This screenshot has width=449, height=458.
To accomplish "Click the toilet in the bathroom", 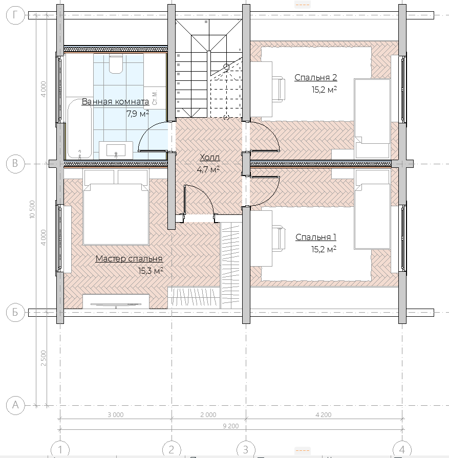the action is click(116, 63).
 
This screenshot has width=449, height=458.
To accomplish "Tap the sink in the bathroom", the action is click(116, 150).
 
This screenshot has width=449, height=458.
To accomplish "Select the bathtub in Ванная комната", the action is click(79, 128).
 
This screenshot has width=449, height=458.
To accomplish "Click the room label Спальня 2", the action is click(316, 77).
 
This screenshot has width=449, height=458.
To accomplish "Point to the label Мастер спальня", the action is click(129, 258).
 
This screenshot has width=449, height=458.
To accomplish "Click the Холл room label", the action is click(209, 158).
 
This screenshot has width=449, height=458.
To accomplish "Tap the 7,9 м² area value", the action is click(138, 113).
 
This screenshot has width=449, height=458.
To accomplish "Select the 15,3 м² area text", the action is click(151, 271).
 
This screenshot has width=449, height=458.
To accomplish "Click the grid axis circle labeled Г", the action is click(15, 14).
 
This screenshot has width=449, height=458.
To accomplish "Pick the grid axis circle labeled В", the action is click(15, 163).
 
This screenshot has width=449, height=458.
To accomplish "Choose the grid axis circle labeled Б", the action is click(15, 312).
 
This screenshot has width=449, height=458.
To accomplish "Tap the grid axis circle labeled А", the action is click(15, 405).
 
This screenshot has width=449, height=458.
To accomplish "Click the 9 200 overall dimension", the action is click(230, 426).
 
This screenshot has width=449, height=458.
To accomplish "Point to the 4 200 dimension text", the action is click(323, 415).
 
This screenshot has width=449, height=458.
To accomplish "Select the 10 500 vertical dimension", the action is click(32, 209).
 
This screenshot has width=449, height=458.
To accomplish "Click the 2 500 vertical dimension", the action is click(44, 358).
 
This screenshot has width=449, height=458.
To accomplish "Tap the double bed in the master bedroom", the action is click(116, 207).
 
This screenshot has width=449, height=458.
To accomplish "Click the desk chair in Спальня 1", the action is click(279, 238).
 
